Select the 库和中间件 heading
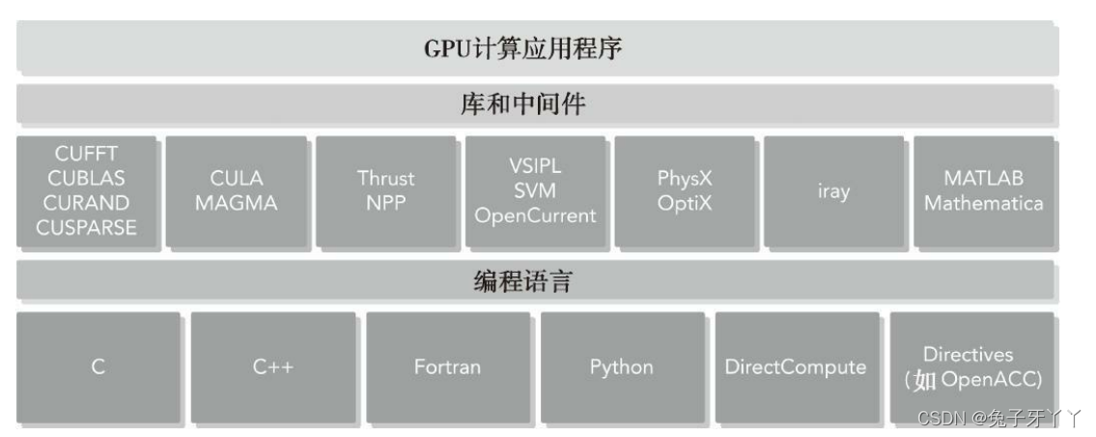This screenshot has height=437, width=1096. pos(521,104)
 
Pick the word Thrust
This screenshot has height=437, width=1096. pos(385,178)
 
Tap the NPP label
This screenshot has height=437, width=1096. pos(385,203)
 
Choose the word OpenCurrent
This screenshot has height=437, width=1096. pos(535,216)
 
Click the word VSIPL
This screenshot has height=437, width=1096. pos(535,165)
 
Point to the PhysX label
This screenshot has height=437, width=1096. pos(685,178)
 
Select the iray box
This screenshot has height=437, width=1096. pos(832,191)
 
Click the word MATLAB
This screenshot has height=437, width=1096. pos(983,178)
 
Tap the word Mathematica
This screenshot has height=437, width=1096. pos(983,203)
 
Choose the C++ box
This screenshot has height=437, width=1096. pos(272,367)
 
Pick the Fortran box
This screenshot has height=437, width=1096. pos(447,367)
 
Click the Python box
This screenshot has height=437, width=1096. pos(621,367)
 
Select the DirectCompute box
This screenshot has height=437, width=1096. pos(796,367)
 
